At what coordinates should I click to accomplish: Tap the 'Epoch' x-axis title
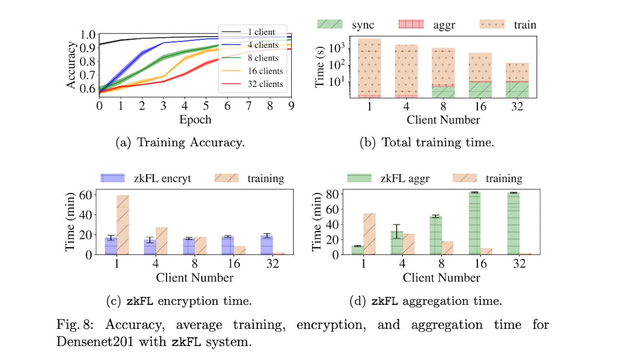(196, 119)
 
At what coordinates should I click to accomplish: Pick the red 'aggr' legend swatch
(411, 24)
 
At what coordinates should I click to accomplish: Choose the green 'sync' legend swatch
(331, 24)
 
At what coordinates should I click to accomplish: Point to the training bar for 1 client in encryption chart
(123, 224)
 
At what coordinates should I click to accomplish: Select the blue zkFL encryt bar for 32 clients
(266, 245)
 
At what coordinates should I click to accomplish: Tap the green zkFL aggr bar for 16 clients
(473, 223)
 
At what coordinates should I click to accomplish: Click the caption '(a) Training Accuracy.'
(179, 143)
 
